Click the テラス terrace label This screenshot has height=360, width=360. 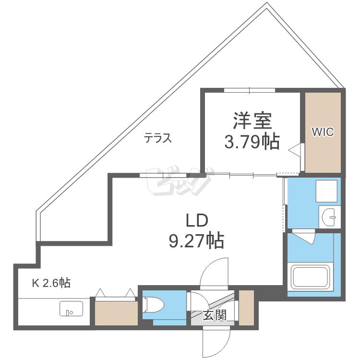(x=158, y=138)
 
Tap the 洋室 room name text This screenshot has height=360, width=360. (x=252, y=120)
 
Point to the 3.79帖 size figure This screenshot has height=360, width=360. (x=252, y=142)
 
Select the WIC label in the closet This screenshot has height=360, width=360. (x=323, y=132)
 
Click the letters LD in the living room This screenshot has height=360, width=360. (x=197, y=220)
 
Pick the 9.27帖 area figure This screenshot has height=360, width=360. (x=196, y=240)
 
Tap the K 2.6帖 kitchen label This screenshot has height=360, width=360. (x=51, y=283)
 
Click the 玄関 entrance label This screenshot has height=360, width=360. (x=215, y=315)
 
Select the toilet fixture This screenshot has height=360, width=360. (x=153, y=305)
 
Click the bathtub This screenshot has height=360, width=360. (x=310, y=276)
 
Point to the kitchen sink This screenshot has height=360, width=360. (x=71, y=309)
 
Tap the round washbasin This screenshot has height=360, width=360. (x=328, y=217)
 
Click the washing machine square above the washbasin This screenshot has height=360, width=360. (x=326, y=191)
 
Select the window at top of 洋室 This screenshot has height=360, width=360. (x=250, y=90)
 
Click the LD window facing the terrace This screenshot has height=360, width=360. (x=163, y=175)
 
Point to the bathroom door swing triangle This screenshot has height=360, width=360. (x=303, y=238)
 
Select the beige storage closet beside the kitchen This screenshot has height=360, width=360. (x=116, y=313)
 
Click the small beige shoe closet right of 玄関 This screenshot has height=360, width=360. (x=246, y=308)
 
